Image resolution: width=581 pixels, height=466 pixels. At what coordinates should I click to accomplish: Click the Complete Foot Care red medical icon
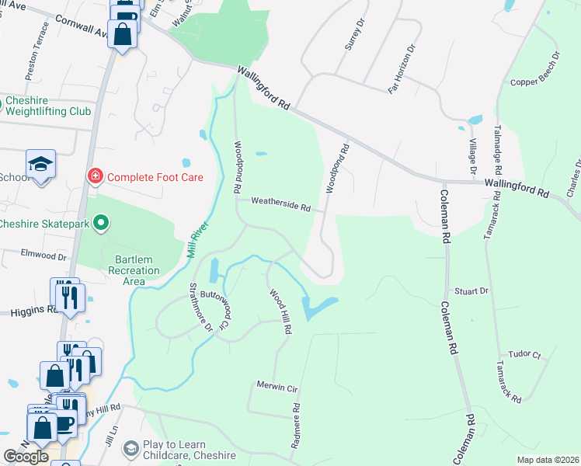pyautogui.click(x=96, y=177)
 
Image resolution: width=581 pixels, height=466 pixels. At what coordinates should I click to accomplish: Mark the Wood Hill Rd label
pyautogui.click(x=281, y=312)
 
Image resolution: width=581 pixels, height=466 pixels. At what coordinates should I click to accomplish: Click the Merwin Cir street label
pyautogui.click(x=277, y=387)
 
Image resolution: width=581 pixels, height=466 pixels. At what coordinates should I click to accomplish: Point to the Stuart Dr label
pyautogui.click(x=471, y=291)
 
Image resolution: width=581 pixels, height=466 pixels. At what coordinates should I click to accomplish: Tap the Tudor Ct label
pyautogui.click(x=524, y=354)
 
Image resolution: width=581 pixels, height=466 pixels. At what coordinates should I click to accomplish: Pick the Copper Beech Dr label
pyautogui.click(x=535, y=70)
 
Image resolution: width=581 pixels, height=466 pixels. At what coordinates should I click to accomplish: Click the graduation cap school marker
pyautogui.click(x=40, y=165)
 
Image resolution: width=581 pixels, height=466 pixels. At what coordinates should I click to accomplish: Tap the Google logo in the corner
pyautogui.click(x=26, y=457)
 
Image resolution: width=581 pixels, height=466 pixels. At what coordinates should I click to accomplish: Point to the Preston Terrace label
pyautogui.click(x=37, y=51)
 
